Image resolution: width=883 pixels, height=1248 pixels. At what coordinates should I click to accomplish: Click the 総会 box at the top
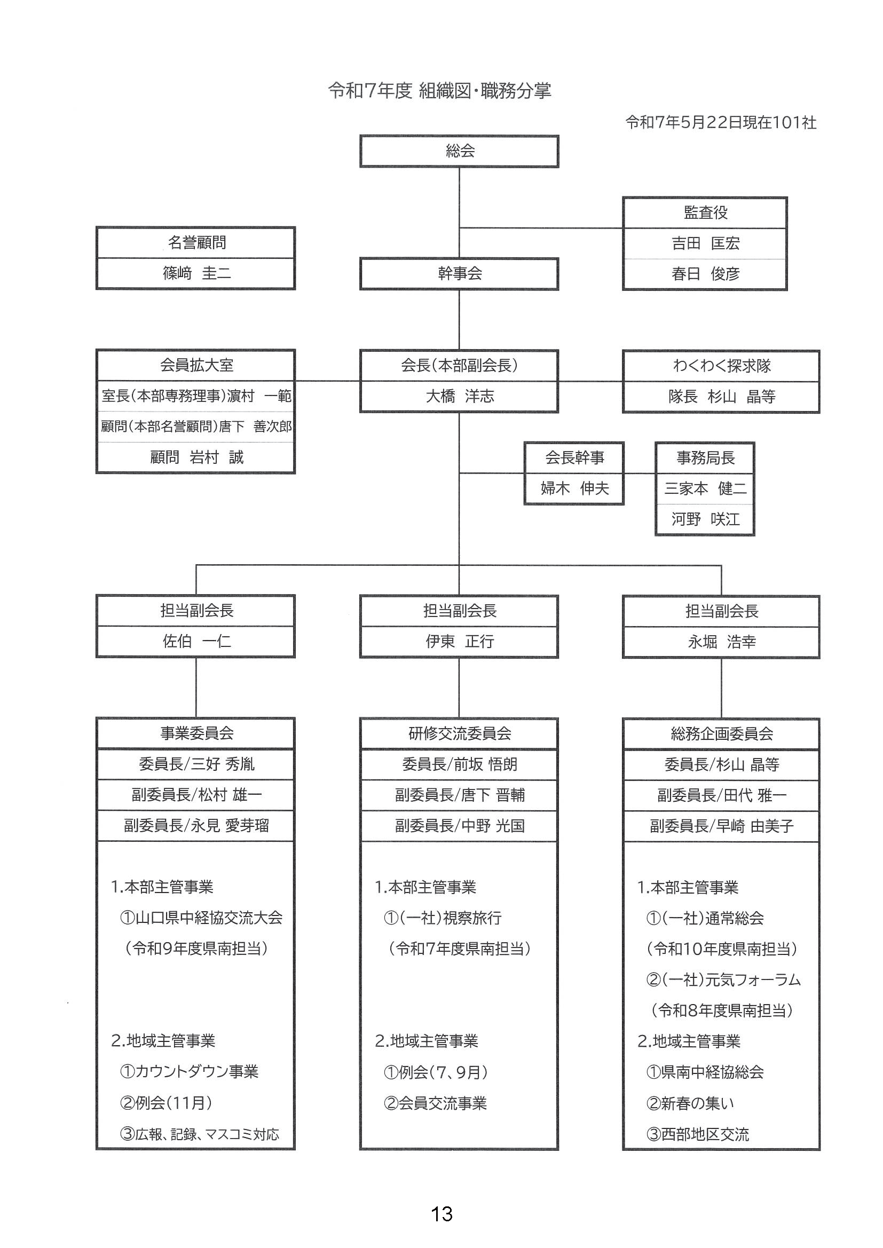[460, 151]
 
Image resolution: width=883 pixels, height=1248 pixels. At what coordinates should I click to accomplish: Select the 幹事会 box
[460, 273]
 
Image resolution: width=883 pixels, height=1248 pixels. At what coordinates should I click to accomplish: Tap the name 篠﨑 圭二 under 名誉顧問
[197, 273]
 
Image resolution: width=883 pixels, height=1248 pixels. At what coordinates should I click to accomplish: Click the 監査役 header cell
[705, 212]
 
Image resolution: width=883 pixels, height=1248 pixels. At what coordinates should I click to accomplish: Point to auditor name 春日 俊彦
[705, 274]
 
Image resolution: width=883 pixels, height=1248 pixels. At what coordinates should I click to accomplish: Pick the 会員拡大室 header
[196, 365]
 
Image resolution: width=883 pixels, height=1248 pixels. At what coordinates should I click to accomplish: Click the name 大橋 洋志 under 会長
[460, 396]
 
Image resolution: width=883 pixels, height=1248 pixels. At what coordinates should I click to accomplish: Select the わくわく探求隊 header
[722, 366]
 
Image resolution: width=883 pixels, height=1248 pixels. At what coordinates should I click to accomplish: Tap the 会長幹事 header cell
[574, 457]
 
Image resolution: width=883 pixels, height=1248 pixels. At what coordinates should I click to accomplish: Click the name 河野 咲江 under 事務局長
[705, 519]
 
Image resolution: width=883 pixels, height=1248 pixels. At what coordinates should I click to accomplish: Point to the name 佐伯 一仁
[197, 642]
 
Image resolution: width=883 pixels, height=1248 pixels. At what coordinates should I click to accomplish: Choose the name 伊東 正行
[460, 642]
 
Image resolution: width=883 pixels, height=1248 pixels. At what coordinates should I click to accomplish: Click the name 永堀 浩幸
[722, 642]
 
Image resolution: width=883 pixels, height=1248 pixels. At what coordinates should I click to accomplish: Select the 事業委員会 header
[196, 733]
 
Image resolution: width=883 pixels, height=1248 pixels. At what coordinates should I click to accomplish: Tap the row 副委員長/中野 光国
[460, 826]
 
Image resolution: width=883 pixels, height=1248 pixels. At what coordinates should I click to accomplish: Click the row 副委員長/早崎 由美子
[722, 826]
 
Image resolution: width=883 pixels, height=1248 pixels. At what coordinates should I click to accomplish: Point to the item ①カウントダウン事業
[188, 1071]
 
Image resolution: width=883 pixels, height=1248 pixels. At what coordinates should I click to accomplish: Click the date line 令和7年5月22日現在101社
[721, 123]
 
